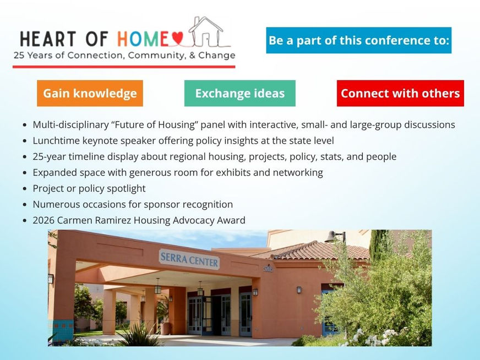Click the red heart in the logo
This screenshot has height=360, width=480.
coord(178,39)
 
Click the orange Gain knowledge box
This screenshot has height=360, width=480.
coord(90,94)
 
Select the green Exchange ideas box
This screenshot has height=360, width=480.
coord(240,94)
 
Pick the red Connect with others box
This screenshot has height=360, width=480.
coord(400,94)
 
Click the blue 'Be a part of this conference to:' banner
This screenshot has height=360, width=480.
coord(359,40)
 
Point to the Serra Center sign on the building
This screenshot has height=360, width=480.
coord(189,259)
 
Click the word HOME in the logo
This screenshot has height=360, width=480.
coord(143,39)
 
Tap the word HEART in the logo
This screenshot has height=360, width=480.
coord(48,39)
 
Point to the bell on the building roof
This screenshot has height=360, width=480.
coord(331,237)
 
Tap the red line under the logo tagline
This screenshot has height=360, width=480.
coord(124,67)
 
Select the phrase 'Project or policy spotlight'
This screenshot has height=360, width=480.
coord(89,189)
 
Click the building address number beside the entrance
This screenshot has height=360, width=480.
coord(268,269)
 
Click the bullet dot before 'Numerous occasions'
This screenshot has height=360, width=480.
coord(25,204)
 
